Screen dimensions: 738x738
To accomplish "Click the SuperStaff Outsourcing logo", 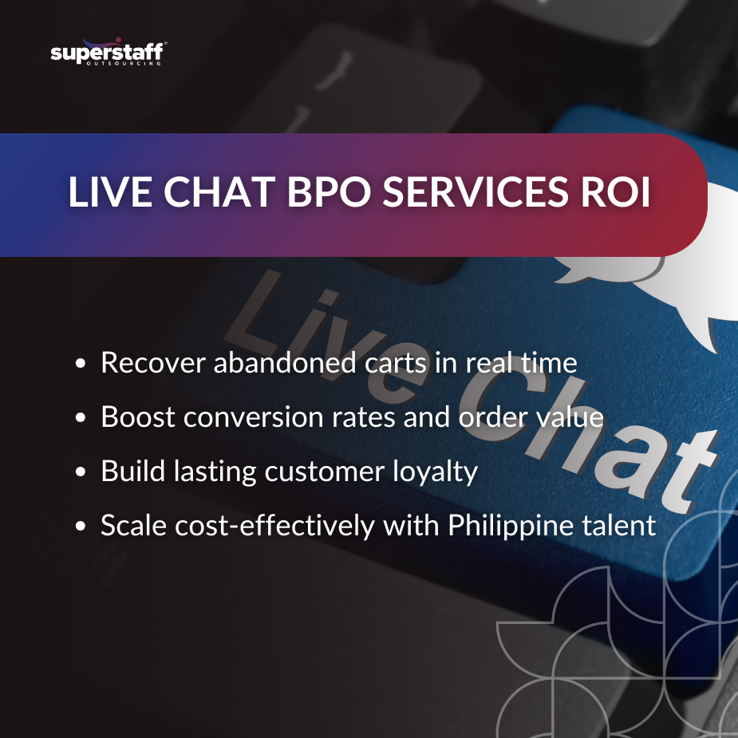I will (107, 53).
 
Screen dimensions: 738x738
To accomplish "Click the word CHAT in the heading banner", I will (199, 194).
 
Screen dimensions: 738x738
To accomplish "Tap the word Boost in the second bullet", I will (132, 417).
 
